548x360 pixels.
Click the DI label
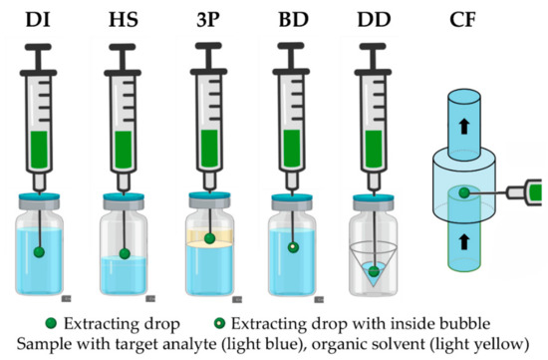tap(39, 17)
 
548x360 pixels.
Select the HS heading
tap(124, 17)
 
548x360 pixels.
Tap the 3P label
tap(208, 17)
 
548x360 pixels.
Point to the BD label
tap(292, 17)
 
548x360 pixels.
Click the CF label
tap(465, 17)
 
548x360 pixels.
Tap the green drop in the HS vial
tap(124, 253)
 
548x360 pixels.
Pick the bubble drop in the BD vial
tap(293, 246)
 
